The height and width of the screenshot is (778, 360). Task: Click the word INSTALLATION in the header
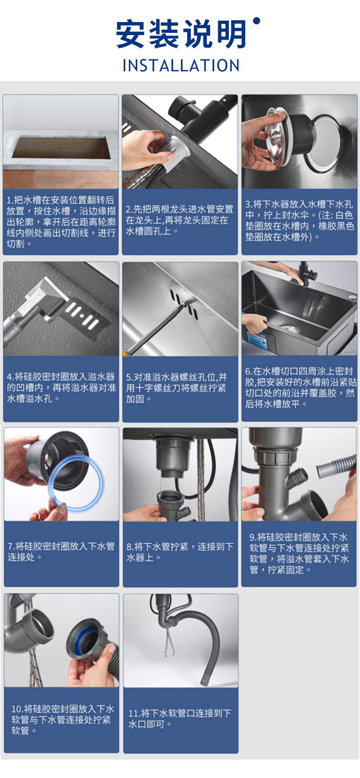(181, 66)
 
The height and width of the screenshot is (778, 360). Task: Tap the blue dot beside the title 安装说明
(257, 21)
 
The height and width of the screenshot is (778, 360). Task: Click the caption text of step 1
(61, 222)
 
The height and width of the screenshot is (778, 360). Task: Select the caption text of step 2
(180, 220)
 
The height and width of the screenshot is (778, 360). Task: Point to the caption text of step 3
(299, 220)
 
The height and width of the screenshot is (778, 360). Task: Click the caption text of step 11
(180, 718)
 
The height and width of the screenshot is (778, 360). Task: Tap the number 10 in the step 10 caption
(17, 709)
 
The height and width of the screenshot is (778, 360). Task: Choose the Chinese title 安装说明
(181, 34)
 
